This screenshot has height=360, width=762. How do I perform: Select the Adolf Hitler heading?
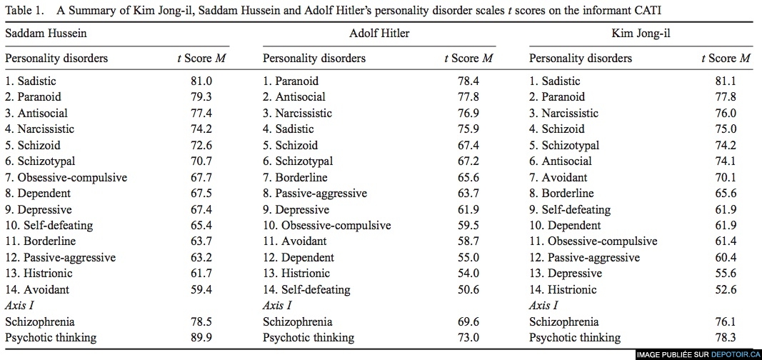tap(379, 34)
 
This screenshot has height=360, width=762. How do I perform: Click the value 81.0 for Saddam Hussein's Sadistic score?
tap(201, 81)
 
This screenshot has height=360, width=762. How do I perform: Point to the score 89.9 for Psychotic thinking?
tap(201, 338)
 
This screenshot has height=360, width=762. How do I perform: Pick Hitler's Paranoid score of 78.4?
tap(468, 81)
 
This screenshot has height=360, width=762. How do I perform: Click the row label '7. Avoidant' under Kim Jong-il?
tap(558, 177)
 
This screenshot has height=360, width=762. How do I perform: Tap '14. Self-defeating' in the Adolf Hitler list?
tap(306, 290)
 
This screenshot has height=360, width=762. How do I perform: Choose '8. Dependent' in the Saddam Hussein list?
tap(38, 194)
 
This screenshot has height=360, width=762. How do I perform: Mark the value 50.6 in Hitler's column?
tap(468, 290)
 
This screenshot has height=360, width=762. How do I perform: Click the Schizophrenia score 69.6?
tap(468, 321)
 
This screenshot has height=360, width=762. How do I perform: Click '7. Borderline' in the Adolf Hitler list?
tap(295, 177)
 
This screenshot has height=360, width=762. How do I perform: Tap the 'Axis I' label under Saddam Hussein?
tap(19, 306)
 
